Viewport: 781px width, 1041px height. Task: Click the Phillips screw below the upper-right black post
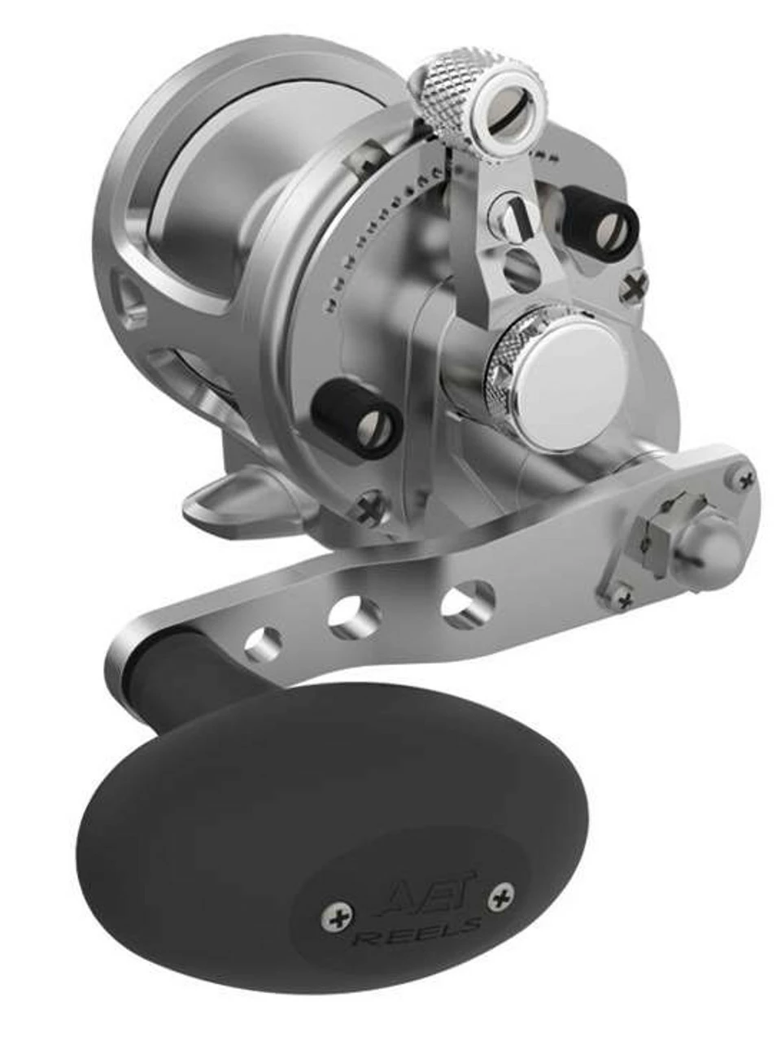coord(635,285)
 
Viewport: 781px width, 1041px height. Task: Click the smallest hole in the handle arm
coord(265,643)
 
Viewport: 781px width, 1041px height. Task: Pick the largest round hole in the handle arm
coord(467,600)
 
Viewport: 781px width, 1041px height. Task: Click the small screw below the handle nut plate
coord(624,601)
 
